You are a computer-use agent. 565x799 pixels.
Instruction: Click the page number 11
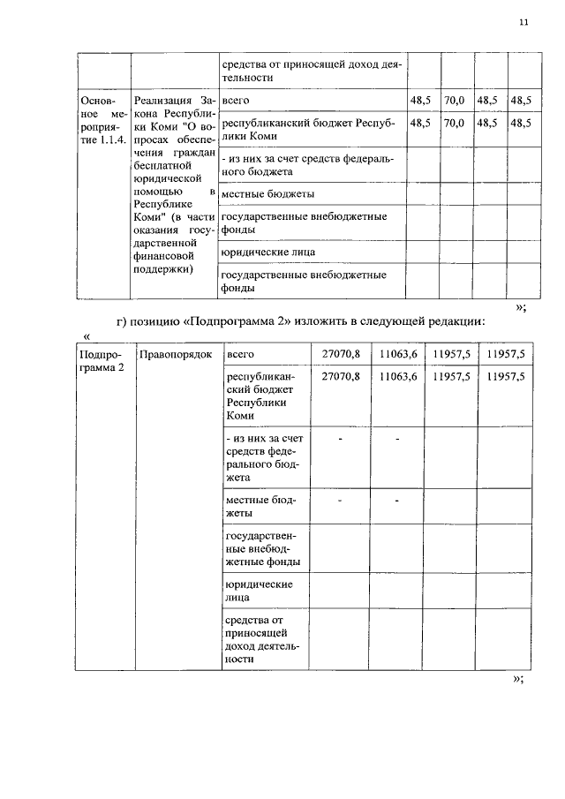[524, 24]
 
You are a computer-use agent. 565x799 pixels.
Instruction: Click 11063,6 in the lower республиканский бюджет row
[397, 376]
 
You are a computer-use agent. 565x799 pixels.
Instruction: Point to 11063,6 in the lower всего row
[397, 353]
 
